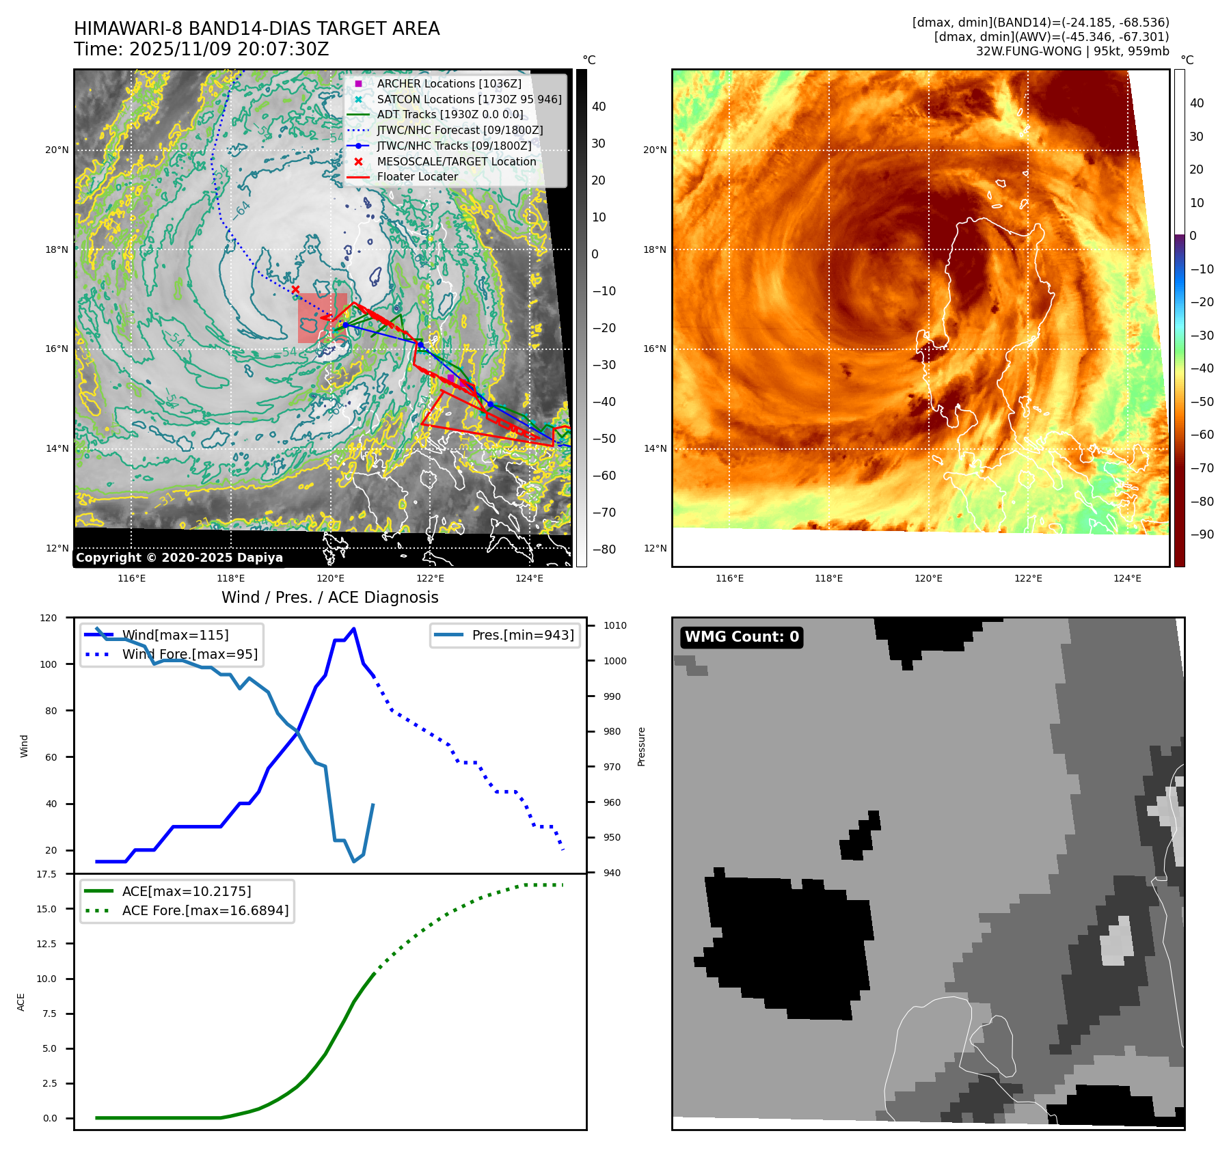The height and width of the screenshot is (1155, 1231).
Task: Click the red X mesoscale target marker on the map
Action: tap(295, 290)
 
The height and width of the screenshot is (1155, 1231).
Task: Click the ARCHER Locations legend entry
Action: tap(448, 83)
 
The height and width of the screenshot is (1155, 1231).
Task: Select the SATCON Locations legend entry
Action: tap(469, 99)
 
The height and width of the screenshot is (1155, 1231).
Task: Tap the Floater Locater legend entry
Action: tap(417, 176)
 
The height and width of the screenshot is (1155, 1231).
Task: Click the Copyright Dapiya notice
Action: tap(179, 558)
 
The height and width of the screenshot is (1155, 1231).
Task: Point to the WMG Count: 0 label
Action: tap(742, 637)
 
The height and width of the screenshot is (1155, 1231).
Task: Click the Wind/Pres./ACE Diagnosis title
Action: tap(330, 597)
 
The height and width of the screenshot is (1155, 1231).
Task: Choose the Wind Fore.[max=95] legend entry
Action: tap(189, 654)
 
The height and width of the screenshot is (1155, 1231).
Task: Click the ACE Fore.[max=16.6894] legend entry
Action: tap(205, 910)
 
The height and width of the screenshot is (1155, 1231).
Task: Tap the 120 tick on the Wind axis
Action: tap(49, 618)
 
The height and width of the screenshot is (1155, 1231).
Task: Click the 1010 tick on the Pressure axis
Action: tap(614, 625)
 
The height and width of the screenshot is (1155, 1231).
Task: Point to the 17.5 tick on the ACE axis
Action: tap(46, 874)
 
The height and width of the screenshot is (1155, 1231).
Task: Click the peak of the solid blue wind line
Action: tap(353, 629)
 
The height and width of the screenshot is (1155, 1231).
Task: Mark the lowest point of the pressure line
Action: tap(353, 861)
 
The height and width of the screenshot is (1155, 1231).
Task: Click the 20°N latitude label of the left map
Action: tap(57, 150)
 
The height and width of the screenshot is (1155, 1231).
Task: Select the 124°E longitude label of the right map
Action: tap(1127, 578)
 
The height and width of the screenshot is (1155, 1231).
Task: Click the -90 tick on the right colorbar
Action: tap(1202, 534)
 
